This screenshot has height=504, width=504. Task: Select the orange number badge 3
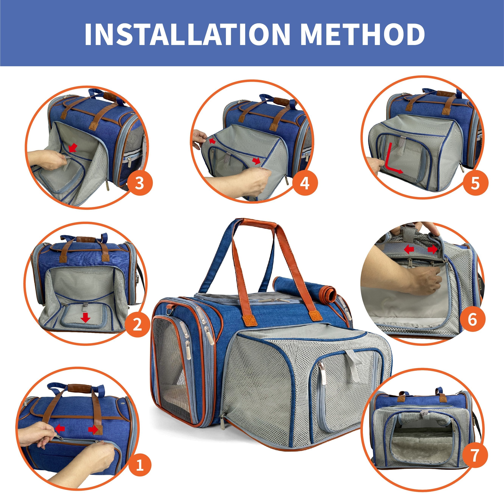click(140, 183)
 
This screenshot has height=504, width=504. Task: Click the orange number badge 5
click(475, 183)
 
